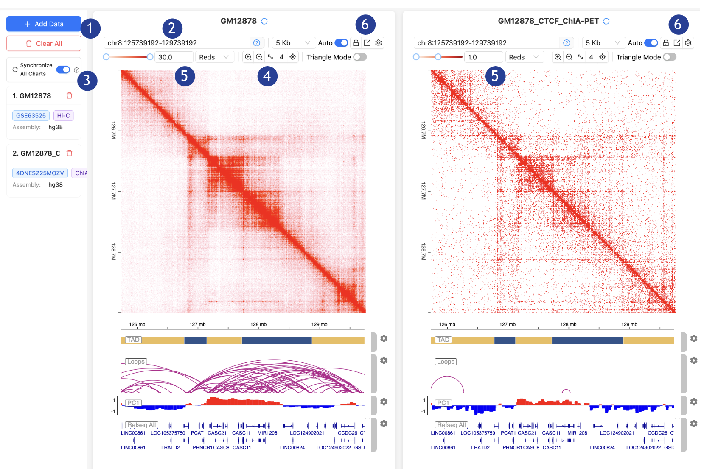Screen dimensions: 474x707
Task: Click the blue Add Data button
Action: coord(44,24)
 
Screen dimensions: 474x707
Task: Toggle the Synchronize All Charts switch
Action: coord(63,70)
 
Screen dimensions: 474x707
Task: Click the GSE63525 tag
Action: coord(31,115)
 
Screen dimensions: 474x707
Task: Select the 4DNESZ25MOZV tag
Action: coord(40,173)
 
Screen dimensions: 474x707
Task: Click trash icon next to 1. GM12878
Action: coord(70,96)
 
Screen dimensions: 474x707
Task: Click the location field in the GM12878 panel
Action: coord(176,43)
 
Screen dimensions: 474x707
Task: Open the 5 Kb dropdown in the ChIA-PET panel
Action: coord(603,43)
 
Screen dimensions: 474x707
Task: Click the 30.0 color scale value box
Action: coord(174,57)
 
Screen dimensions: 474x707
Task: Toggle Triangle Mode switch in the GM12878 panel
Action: coord(360,57)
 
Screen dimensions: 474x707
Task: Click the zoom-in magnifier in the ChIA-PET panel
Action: coord(558,57)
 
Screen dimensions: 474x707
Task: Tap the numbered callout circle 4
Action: coord(267,76)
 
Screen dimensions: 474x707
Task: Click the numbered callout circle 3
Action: coord(87,81)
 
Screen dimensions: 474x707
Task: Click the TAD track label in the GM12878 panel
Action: coord(133,340)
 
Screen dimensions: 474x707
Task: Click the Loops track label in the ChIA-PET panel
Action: coord(446,362)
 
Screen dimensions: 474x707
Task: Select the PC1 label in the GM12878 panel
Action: coord(133,403)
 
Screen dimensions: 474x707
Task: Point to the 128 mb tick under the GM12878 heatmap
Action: coord(258,325)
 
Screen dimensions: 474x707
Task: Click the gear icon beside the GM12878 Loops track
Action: coord(384,361)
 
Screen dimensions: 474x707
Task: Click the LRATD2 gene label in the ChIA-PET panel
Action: coord(480,448)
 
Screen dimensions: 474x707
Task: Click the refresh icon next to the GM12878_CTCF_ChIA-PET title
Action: coord(606,21)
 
